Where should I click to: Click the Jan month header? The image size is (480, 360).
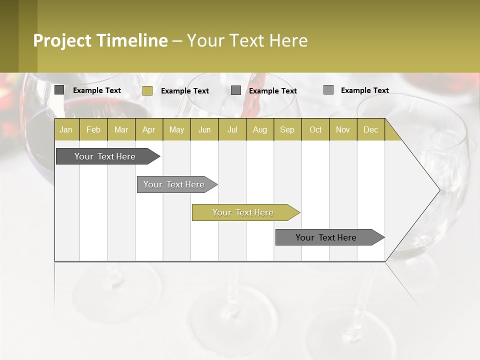(x=66, y=129)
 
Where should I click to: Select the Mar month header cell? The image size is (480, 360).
(x=121, y=129)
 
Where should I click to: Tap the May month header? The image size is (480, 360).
(x=176, y=129)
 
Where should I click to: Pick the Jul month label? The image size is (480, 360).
(x=232, y=129)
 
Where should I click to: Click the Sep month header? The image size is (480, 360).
(x=287, y=129)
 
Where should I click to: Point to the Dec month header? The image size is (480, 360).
(x=370, y=129)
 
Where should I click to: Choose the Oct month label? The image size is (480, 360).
(x=315, y=129)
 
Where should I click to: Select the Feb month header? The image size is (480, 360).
(x=93, y=129)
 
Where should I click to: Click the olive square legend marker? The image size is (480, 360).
(x=147, y=90)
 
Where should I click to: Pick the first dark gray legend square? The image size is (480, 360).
(x=59, y=90)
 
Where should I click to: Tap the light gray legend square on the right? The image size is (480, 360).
(x=328, y=90)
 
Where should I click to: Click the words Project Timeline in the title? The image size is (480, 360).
(x=100, y=40)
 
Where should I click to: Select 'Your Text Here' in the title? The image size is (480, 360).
(x=247, y=40)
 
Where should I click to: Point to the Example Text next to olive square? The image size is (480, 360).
(x=185, y=91)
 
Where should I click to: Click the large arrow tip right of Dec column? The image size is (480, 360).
(x=420, y=190)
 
